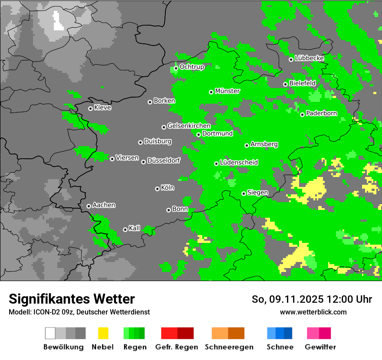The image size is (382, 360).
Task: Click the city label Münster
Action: click(x=227, y=91)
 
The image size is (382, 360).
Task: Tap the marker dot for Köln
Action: click(x=157, y=189)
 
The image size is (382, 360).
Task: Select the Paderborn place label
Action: click(x=322, y=113)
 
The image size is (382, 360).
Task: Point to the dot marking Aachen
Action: click(x=89, y=206)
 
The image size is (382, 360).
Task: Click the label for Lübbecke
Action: click(x=310, y=58)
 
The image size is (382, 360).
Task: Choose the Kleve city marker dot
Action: click(x=90, y=108)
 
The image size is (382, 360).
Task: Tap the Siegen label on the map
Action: click(x=258, y=193)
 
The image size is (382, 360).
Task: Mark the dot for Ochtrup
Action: click(x=176, y=68)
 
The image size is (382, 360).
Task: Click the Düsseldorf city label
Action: click(x=164, y=160)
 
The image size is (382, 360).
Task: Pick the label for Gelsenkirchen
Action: click(x=189, y=126)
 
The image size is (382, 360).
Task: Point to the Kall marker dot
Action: click(x=125, y=229)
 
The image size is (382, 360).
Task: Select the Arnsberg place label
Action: click(x=264, y=144)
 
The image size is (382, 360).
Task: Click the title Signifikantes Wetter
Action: click(x=72, y=299)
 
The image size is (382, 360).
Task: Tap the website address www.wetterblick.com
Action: click(x=313, y=312)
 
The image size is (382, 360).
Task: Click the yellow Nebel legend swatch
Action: click(x=103, y=333)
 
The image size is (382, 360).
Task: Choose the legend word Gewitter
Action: click(x=320, y=347)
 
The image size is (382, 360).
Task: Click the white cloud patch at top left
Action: click(x=57, y=21)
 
